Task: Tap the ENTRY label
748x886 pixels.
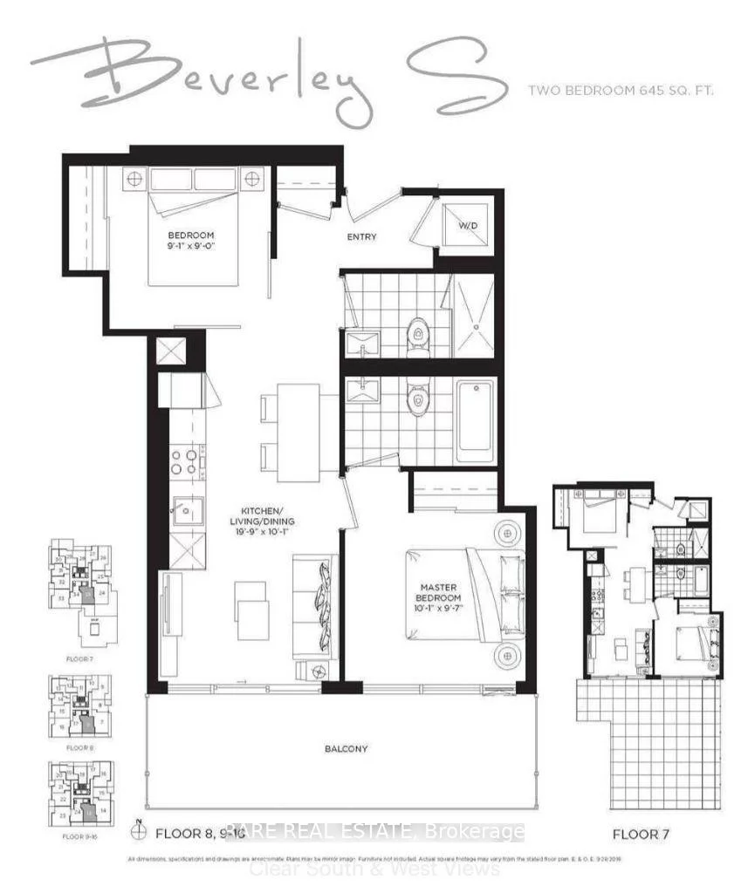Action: pyautogui.click(x=362, y=236)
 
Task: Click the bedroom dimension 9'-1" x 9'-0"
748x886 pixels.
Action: pyautogui.click(x=191, y=247)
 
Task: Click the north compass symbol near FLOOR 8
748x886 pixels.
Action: pyautogui.click(x=137, y=831)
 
